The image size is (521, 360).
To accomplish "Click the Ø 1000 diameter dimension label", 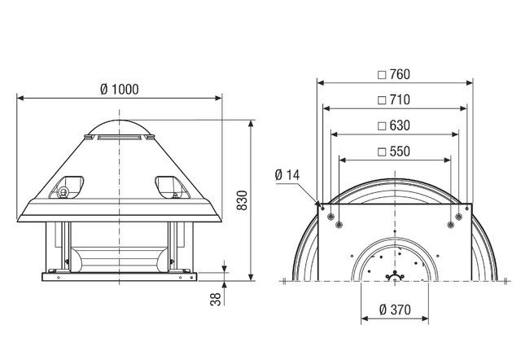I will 120,89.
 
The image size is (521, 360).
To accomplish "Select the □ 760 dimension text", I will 393,74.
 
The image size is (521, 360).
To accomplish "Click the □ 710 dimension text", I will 393,99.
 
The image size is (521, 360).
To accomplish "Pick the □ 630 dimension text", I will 393,125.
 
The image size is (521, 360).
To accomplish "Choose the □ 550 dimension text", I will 393,151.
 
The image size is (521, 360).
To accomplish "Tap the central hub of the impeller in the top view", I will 395,276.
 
